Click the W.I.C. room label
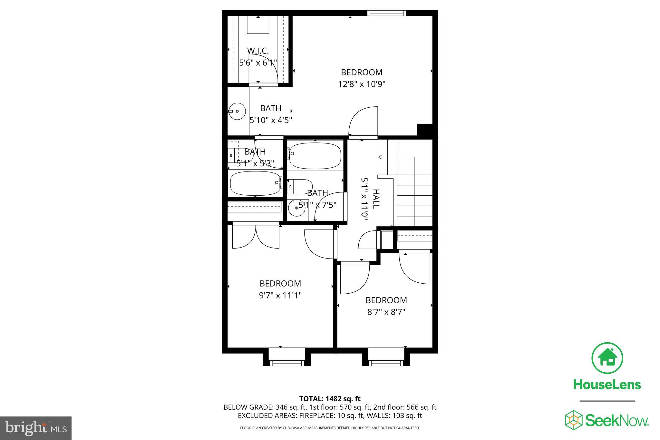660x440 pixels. click(x=258, y=51)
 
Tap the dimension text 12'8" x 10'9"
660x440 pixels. click(x=362, y=84)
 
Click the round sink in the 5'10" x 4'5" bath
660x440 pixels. click(x=237, y=111)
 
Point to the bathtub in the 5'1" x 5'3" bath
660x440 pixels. click(x=256, y=183)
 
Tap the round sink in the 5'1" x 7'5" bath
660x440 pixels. click(x=296, y=208)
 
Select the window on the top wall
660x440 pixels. click(x=386, y=13)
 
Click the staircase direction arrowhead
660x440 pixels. click(x=380, y=157)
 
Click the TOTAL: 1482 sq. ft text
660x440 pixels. click(x=330, y=399)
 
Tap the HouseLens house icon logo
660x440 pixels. click(x=607, y=358)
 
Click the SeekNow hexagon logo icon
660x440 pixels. click(x=573, y=420)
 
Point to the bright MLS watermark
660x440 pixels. click(x=35, y=428)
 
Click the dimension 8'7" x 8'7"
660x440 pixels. click(x=386, y=312)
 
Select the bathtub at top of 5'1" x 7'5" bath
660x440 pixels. click(x=314, y=156)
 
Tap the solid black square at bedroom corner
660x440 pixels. click(x=424, y=130)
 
